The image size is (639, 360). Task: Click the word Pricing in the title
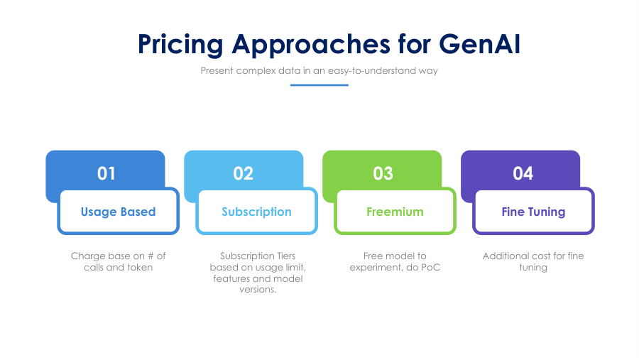[x=180, y=45]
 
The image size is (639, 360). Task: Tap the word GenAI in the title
[x=480, y=43]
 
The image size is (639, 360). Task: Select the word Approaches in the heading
[x=311, y=45]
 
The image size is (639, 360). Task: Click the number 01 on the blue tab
[x=106, y=173]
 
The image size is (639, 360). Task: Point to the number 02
[x=244, y=173]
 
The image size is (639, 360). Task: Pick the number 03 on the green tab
[x=383, y=173]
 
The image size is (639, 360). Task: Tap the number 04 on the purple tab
[x=523, y=173]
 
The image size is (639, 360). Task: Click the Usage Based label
[x=118, y=212]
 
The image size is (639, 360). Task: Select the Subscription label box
[x=257, y=212]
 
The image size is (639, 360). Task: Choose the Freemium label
[x=395, y=212]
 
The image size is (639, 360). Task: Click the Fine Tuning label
[x=533, y=212]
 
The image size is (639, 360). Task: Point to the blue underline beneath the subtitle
[x=319, y=85]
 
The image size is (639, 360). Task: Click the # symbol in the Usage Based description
[x=151, y=256]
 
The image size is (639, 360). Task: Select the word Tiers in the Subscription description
[x=286, y=256]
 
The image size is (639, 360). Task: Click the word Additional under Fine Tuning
[x=503, y=256]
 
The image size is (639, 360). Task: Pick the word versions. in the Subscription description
[x=258, y=290]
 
